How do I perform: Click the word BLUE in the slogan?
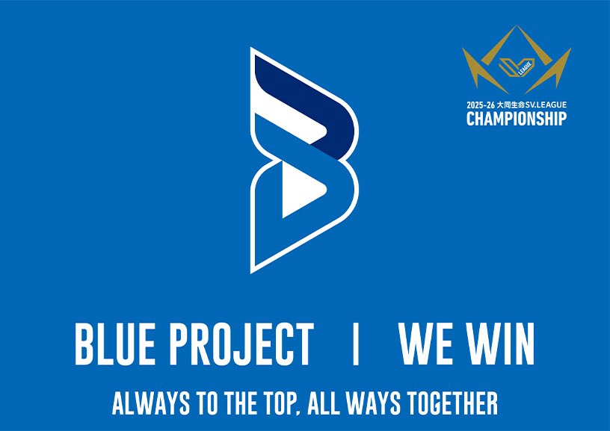tap(113, 344)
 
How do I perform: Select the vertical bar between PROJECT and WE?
tap(355, 344)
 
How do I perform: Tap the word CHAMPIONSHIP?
tap(516, 119)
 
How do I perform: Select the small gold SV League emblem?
tap(516, 67)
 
